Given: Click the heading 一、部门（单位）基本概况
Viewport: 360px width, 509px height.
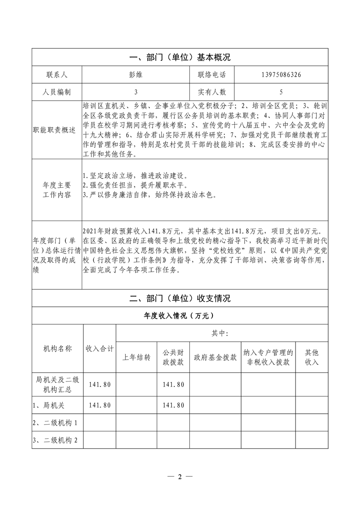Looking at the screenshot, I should pyautogui.click(x=180, y=58).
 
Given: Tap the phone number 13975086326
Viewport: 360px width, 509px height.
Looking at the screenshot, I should pyautogui.click(x=281, y=75).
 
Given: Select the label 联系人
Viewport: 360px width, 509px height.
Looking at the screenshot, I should pyautogui.click(x=57, y=75).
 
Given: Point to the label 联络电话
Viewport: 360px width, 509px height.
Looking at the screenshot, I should pyautogui.click(x=212, y=75).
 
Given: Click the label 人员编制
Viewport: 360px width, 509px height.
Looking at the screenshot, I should pyautogui.click(x=57, y=92).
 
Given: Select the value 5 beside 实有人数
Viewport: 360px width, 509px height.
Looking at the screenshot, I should pyautogui.click(x=281, y=92).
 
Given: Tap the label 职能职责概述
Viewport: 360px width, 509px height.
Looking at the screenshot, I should pyautogui.click(x=57, y=130).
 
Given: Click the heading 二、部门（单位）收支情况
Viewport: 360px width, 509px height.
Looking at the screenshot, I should pyautogui.click(x=180, y=299).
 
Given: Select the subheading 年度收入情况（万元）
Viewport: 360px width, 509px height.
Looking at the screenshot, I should pyautogui.click(x=180, y=316).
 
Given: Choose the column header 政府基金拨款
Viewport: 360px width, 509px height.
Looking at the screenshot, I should pyautogui.click(x=215, y=357).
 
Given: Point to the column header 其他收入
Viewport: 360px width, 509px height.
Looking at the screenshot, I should pyautogui.click(x=311, y=357).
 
